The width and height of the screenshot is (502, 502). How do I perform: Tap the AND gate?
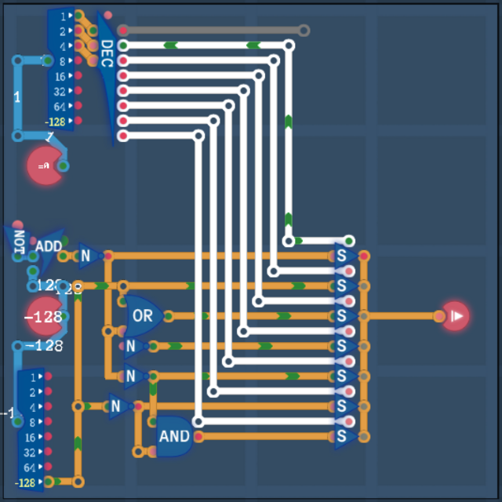(x=173, y=436)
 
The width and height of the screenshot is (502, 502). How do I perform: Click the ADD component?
(x=49, y=247)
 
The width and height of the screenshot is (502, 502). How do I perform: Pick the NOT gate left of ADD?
(x=18, y=241)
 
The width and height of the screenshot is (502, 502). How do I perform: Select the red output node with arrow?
(x=455, y=316)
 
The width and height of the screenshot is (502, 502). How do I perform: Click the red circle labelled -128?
(x=43, y=317)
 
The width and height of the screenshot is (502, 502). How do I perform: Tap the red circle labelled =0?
(x=45, y=166)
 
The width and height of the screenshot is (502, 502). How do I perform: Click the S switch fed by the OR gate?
(x=342, y=316)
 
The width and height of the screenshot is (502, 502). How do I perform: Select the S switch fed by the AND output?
(x=342, y=436)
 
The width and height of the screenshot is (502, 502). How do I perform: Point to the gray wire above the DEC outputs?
(x=212, y=31)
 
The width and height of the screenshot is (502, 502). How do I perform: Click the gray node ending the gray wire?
(x=304, y=31)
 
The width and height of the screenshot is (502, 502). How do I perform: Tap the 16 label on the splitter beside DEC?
(x=60, y=76)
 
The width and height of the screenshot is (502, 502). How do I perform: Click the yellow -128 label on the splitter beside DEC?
(x=56, y=122)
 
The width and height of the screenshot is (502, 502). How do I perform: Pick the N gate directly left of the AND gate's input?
(x=117, y=406)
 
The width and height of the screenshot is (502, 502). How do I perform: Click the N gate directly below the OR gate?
(x=131, y=346)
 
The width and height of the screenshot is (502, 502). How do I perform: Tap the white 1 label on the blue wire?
(x=17, y=97)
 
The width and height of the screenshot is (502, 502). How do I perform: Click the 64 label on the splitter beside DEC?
(x=60, y=106)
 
